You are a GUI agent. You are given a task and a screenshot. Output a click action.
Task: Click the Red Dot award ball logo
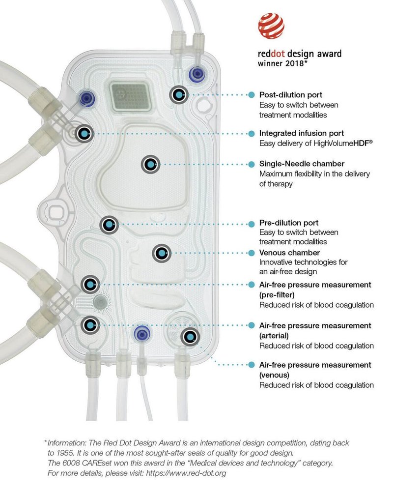click(271, 26)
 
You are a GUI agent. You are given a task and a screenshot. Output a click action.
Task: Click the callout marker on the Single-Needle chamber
click(151, 165)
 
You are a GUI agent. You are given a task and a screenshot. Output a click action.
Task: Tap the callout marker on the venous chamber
click(162, 253)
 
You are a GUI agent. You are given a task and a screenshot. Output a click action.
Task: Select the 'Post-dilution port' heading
click(291, 95)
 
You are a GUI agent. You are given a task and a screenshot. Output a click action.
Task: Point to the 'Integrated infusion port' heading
click(301, 133)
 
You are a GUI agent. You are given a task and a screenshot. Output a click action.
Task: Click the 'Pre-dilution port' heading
click(289, 223)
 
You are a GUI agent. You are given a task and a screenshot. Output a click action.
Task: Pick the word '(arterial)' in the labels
click(274, 336)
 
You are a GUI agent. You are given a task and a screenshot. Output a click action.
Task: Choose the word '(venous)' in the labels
click(274, 375)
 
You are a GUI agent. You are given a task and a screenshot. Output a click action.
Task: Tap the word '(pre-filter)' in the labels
click(277, 294)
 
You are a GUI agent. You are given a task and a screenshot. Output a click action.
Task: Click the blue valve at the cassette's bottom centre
click(142, 333)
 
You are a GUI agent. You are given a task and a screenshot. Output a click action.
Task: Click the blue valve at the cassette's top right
click(197, 74)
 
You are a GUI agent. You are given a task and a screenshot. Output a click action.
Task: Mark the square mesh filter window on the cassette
click(130, 96)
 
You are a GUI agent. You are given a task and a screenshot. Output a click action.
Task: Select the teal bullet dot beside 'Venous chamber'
click(252, 253)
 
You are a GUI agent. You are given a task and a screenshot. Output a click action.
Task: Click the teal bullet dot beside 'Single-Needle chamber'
click(252, 165)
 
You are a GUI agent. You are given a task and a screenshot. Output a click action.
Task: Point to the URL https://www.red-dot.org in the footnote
click(186, 473)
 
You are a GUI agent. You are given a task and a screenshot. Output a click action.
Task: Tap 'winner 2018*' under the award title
click(282, 63)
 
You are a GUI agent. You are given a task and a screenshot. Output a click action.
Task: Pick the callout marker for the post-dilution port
click(179, 94)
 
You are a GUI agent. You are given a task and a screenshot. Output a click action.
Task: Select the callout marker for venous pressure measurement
click(190, 337)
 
